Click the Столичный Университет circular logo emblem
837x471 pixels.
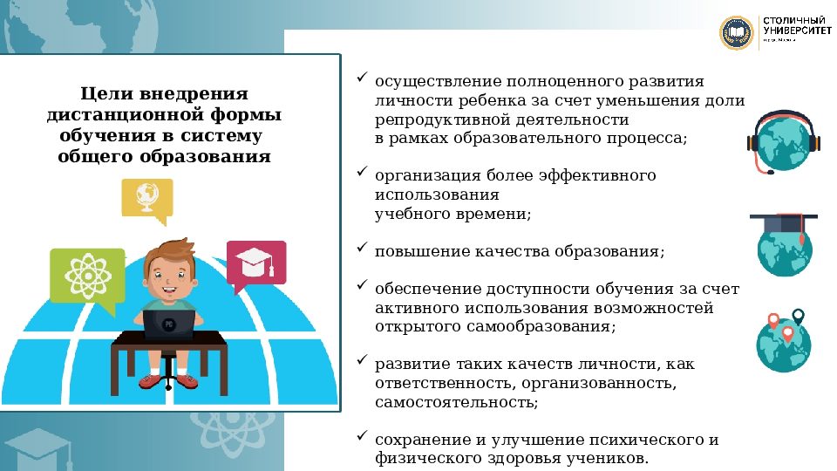(736, 32)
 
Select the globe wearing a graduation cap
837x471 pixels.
(783, 244)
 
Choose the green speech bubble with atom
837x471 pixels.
(86, 276)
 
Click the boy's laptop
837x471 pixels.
(169, 324)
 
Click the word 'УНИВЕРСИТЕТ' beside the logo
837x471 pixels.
(794, 30)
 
